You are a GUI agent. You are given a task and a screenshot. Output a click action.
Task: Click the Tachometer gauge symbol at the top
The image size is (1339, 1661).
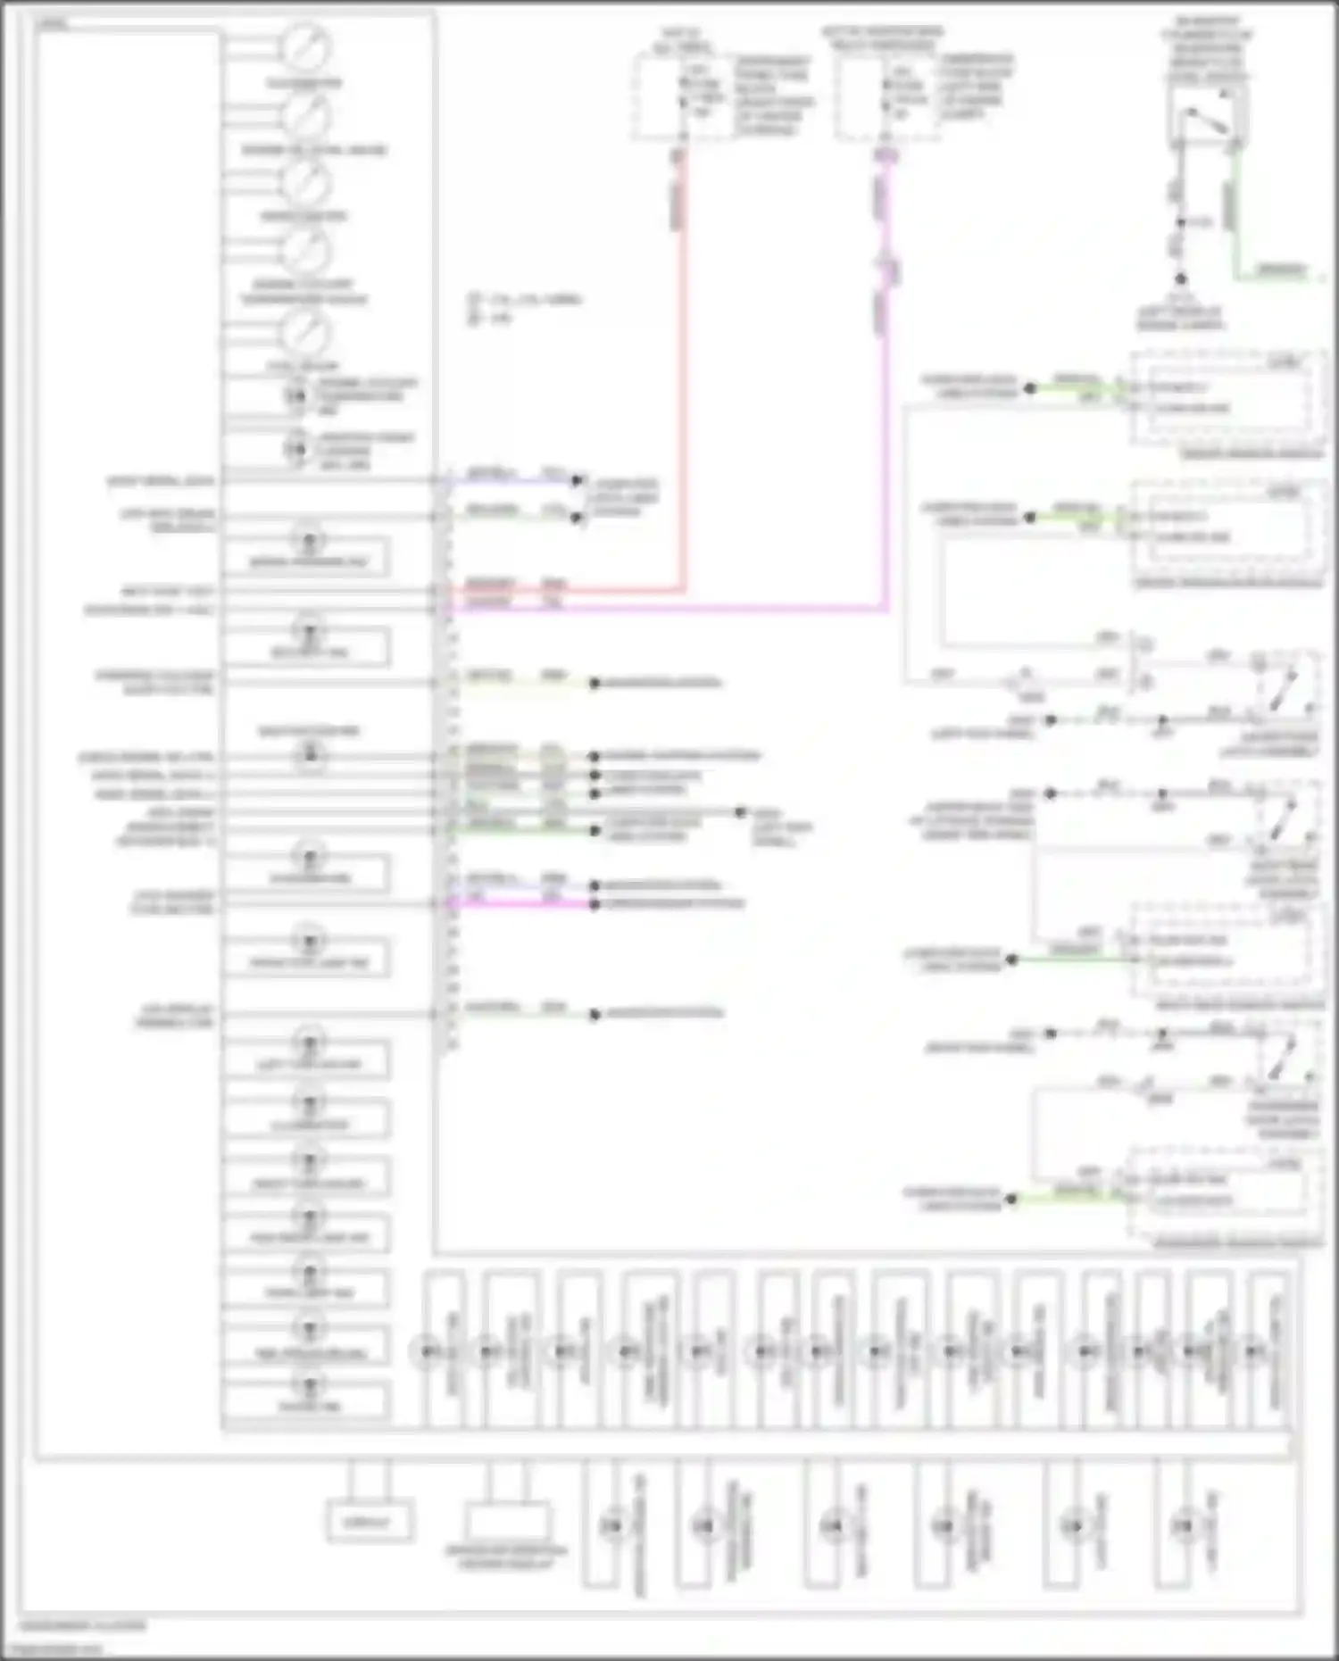(306, 46)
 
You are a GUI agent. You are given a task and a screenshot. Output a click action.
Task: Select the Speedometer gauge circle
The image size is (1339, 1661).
(306, 182)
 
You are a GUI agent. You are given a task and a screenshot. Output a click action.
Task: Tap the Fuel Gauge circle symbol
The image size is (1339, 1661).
(306, 332)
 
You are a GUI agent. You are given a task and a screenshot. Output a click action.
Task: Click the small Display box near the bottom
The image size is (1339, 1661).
(370, 1522)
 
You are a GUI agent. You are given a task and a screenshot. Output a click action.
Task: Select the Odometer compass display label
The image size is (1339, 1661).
(506, 1556)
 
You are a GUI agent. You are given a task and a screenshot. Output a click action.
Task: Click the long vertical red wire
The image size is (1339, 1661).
(683, 375)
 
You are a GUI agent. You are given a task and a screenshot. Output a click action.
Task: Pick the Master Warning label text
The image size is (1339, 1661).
(308, 731)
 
